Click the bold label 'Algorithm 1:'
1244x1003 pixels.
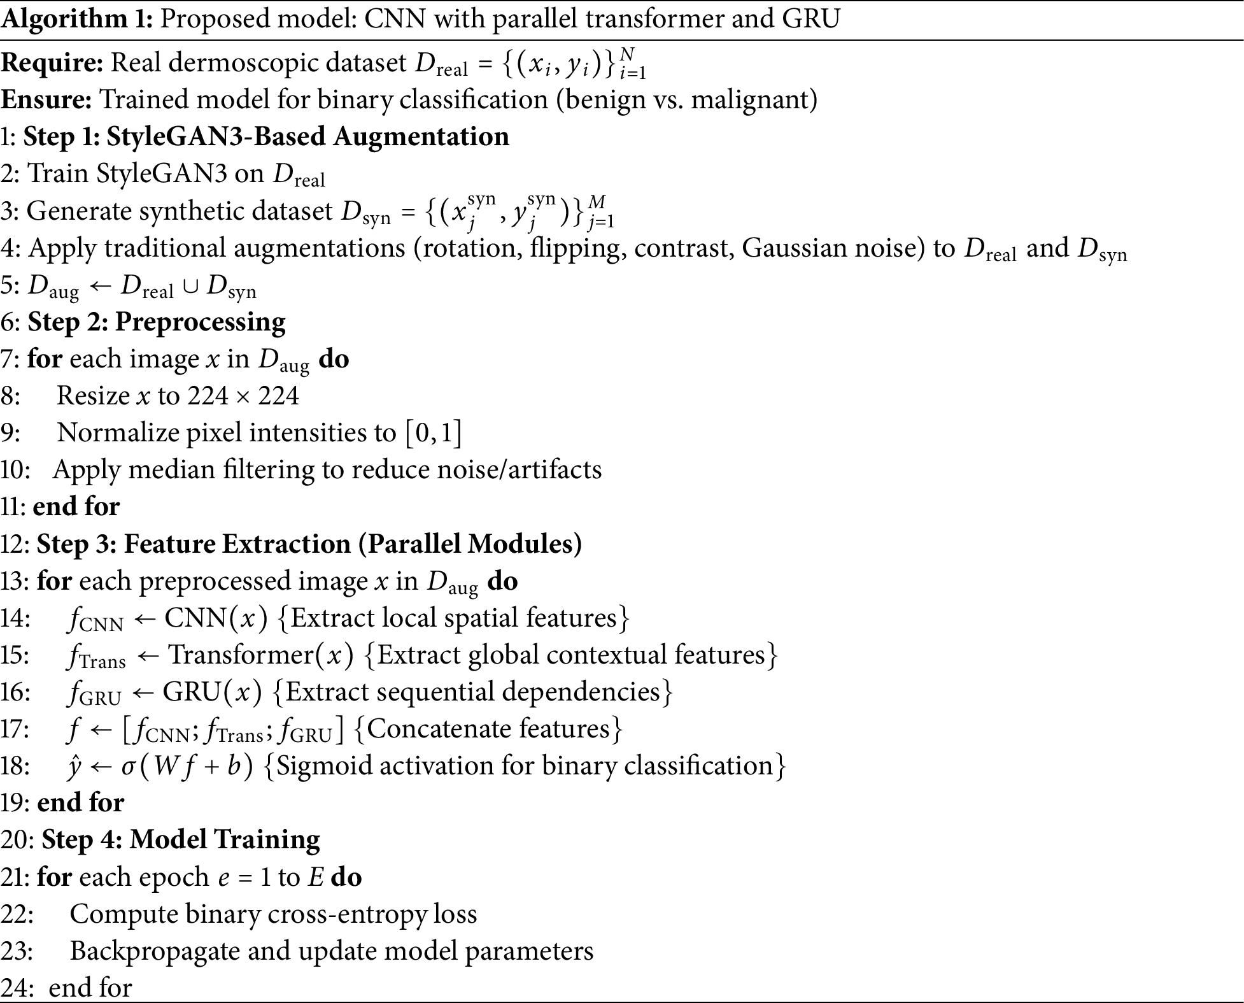click(76, 19)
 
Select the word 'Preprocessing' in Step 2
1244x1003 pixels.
click(200, 322)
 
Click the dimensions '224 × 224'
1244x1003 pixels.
click(244, 396)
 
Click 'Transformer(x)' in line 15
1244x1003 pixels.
click(260, 655)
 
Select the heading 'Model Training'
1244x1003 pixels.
click(225, 840)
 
